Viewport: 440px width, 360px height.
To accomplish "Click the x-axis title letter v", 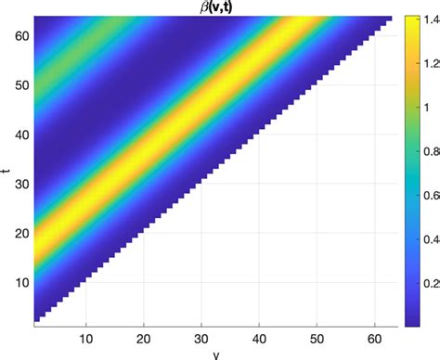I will (x=215, y=354).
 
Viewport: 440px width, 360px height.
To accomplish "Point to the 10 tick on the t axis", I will (x=21, y=281).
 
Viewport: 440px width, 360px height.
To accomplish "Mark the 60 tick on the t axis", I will (x=21, y=35).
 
